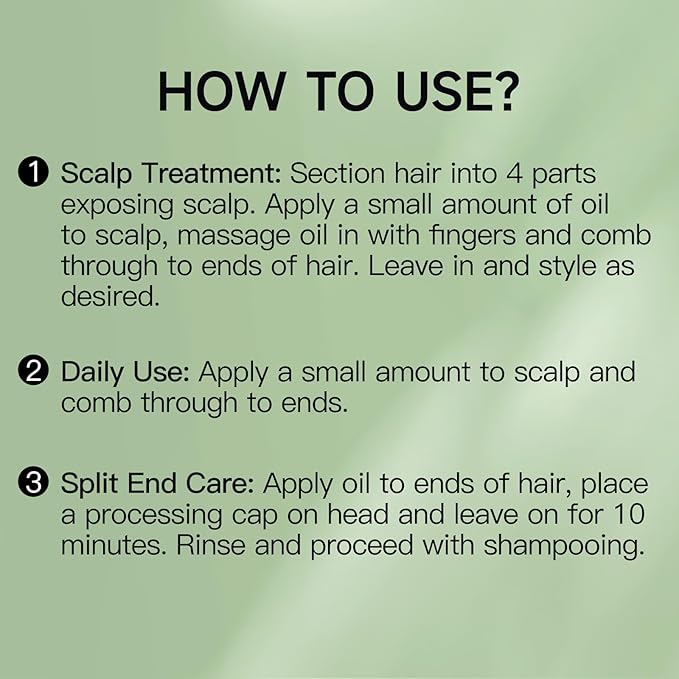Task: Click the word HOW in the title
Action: pos(221,91)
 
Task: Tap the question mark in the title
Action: pos(505,91)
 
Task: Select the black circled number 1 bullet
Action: pos(33,172)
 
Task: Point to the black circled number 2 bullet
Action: pos(33,371)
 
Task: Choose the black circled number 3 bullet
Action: pos(33,483)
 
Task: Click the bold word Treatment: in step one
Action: pos(212,173)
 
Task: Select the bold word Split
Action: pos(89,485)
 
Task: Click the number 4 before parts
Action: pos(514,173)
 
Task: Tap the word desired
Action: pos(110,297)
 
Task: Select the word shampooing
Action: pos(564,547)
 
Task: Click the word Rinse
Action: pos(210,545)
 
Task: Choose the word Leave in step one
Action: pos(405,266)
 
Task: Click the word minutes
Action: pos(113,545)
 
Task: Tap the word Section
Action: pos(337,174)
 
